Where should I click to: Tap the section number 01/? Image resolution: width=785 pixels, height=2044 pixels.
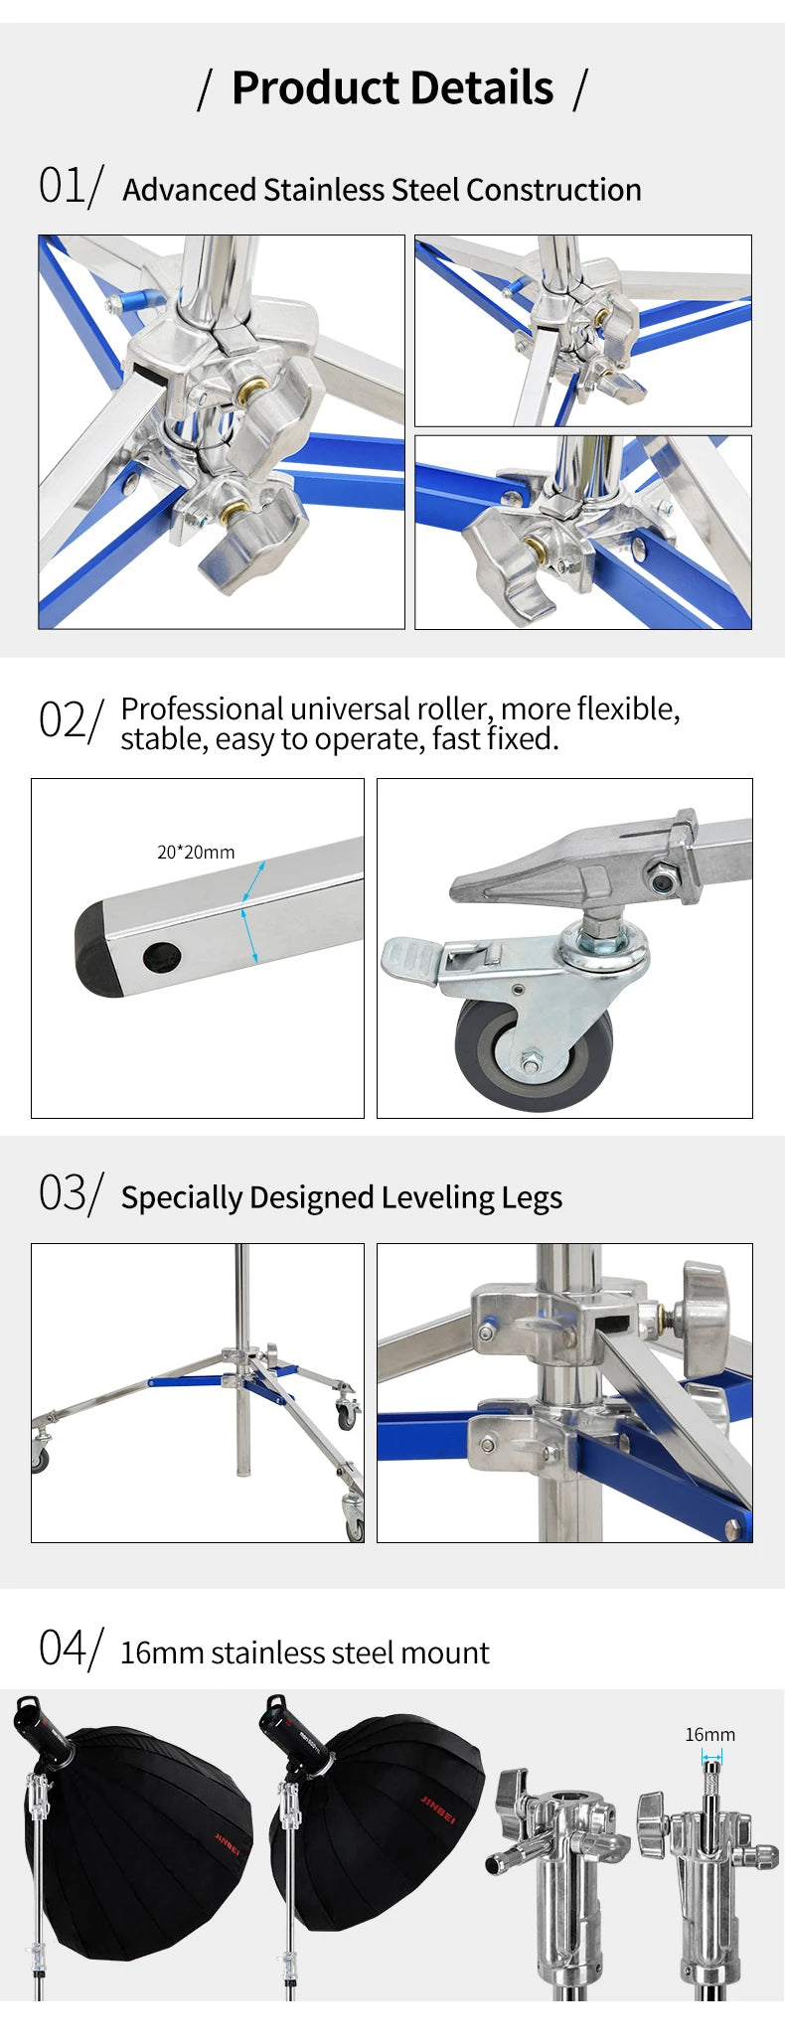71,186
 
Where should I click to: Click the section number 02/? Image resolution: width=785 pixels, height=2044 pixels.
71,719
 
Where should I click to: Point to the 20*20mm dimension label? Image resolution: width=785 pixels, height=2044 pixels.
196,853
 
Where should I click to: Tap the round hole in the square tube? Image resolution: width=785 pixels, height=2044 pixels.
161,957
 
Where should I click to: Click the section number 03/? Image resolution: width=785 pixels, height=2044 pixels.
71,1193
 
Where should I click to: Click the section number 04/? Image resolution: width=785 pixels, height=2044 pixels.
71,1649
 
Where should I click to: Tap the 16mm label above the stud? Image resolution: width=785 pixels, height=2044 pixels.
709,1735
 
